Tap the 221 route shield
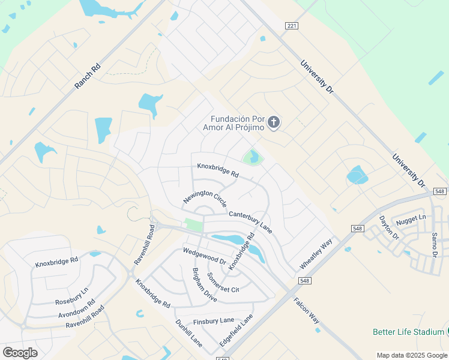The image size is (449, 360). (x=292, y=25)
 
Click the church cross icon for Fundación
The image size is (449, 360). (x=274, y=123)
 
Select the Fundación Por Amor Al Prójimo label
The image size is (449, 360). (x=237, y=123)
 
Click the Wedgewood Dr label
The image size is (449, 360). (x=205, y=257)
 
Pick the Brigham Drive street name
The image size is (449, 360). (x=205, y=284)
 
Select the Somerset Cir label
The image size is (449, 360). (x=223, y=282)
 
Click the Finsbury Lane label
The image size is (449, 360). (x=214, y=320)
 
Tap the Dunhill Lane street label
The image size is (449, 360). (x=188, y=333)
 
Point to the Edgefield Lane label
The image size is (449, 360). (x=236, y=329)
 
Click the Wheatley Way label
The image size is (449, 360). (x=316, y=254)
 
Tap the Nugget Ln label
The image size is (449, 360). (x=411, y=217)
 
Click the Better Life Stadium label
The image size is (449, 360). (x=408, y=332)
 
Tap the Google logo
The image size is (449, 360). (x=20, y=352)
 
